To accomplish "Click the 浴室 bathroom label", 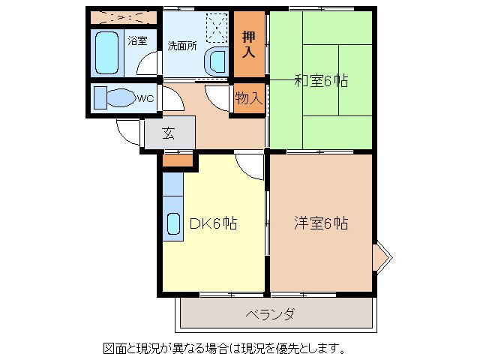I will tap(136, 40).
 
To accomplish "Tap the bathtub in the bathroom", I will tap(107, 52).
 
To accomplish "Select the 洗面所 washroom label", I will tap(182, 44).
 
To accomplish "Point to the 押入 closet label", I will tap(249, 45).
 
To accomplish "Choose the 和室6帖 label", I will tap(322, 81).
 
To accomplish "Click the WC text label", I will tap(145, 97).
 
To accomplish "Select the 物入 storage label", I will tap(249, 97).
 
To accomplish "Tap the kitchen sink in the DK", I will tap(172, 223).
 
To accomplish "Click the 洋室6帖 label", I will tap(320, 223).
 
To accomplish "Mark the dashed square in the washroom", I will tap(217, 27).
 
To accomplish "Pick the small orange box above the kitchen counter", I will tap(178, 159).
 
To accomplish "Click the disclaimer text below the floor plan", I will tap(224, 349).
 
